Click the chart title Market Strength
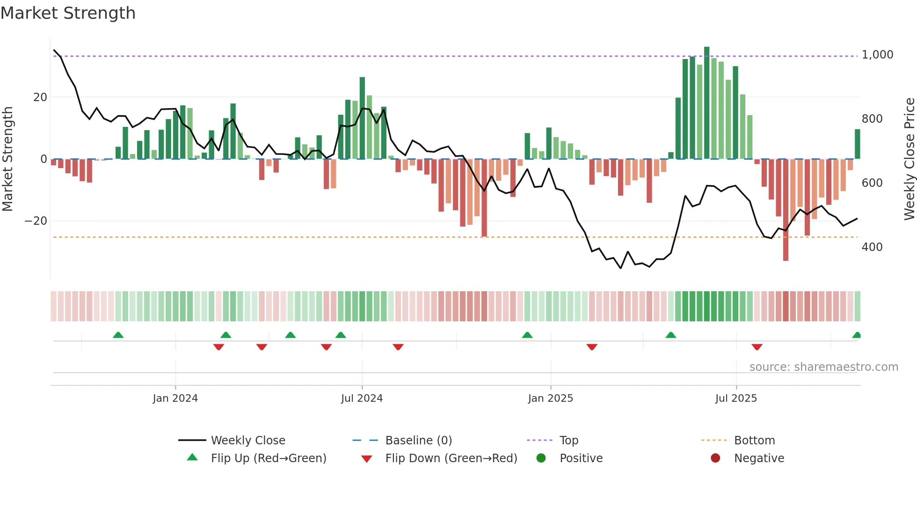point(68,13)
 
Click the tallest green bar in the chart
point(706,103)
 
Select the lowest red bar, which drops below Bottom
point(786,211)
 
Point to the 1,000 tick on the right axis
point(877,55)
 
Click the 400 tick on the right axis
point(872,247)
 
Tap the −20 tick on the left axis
point(36,221)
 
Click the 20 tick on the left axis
point(40,97)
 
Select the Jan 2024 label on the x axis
point(175,398)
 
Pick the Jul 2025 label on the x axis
point(736,398)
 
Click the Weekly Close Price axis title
point(909,159)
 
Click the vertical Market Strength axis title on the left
point(8,159)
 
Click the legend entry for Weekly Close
point(248,441)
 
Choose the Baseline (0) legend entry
point(418,441)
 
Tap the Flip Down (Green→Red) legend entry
point(451,458)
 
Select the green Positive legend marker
point(541,458)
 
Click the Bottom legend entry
point(754,441)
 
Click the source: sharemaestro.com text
point(823,367)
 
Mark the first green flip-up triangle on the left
point(118,335)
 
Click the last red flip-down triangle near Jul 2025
point(757,347)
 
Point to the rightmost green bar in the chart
point(857,144)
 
